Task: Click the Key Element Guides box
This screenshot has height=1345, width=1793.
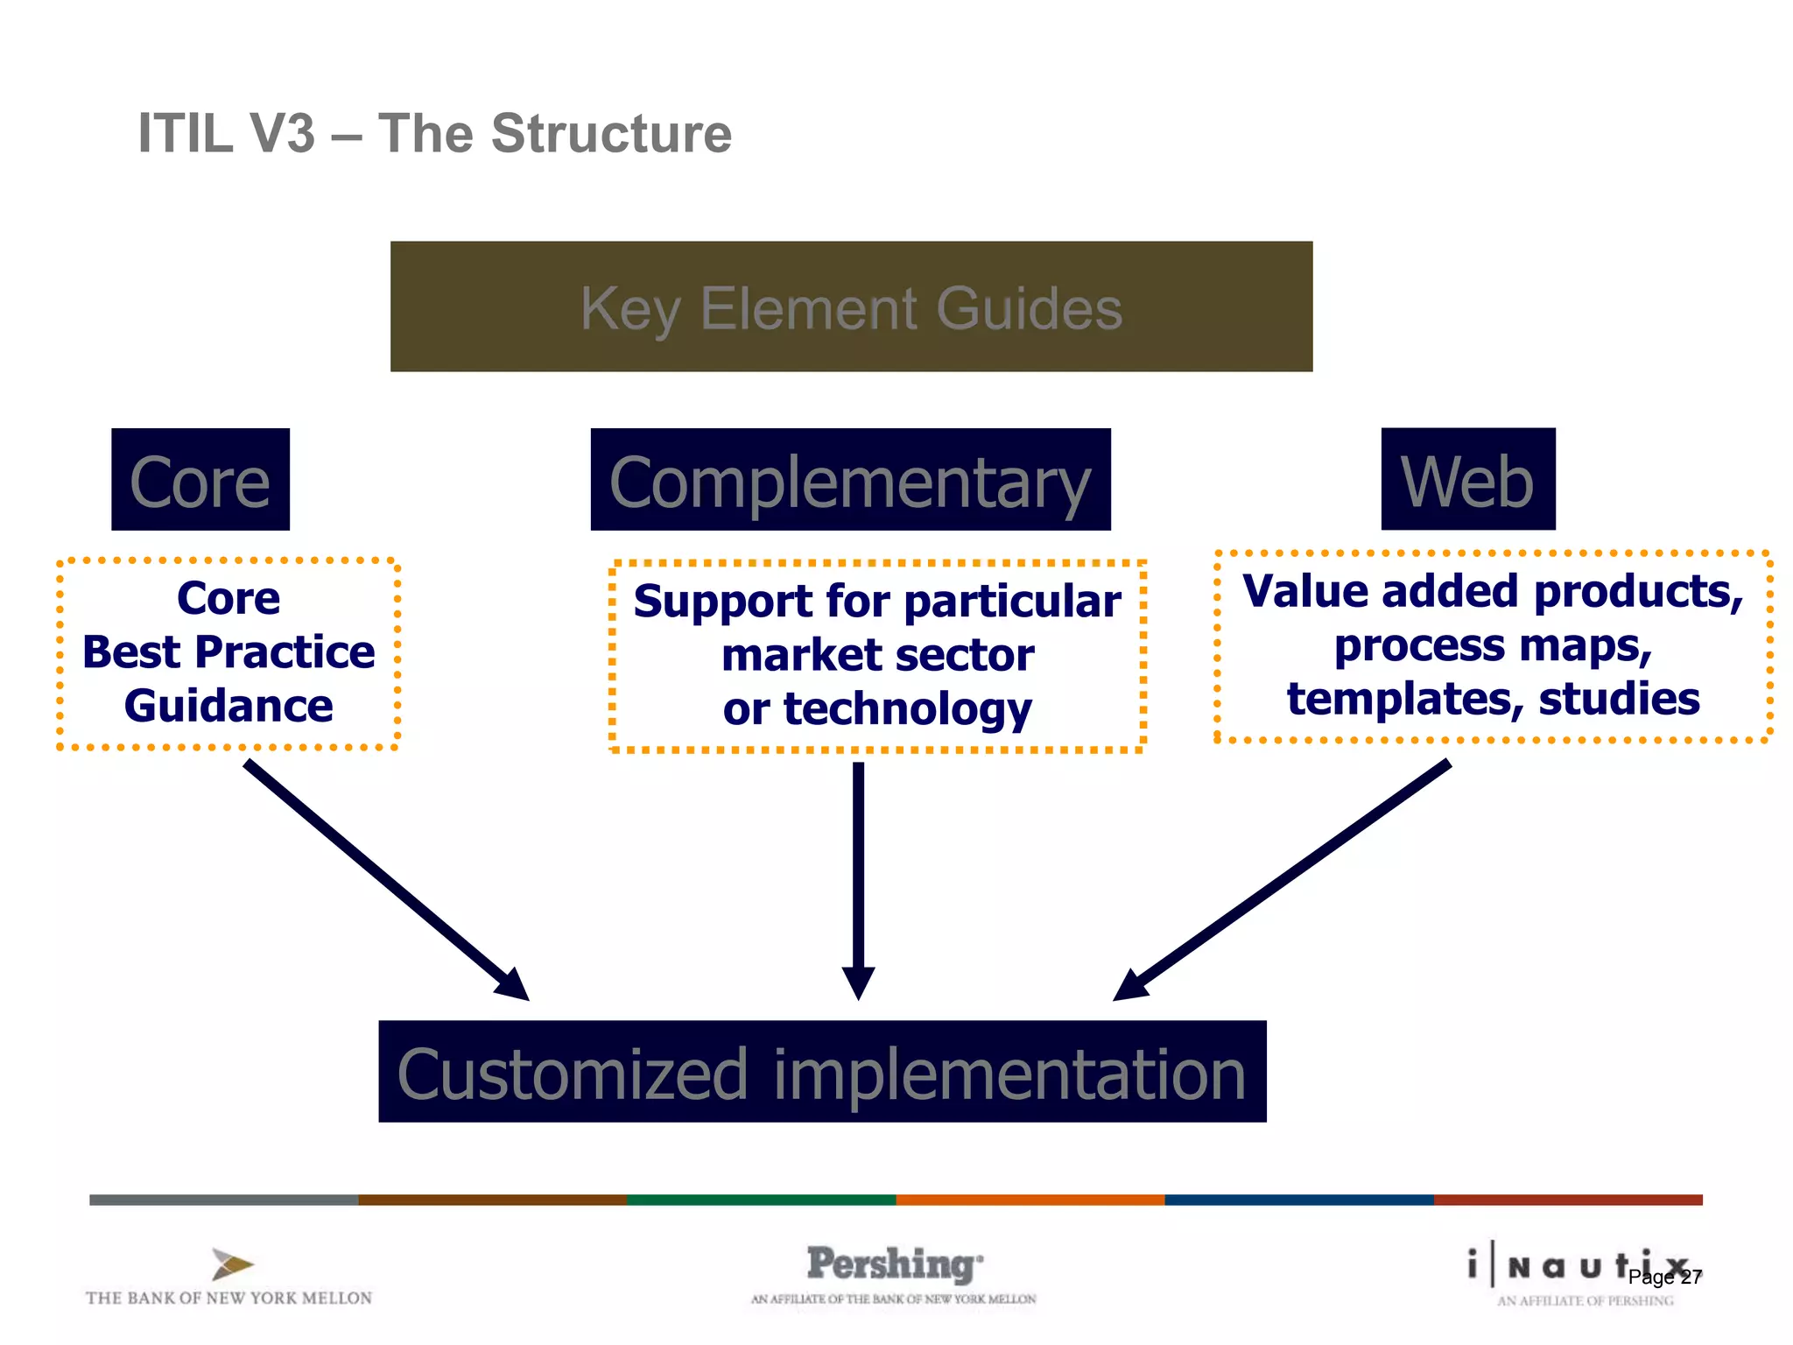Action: click(x=851, y=306)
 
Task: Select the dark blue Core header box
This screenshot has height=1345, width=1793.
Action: click(x=200, y=480)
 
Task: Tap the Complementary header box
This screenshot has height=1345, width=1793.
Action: click(x=850, y=480)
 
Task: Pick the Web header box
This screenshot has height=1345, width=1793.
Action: click(x=1468, y=480)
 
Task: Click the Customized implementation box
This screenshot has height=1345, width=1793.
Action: click(x=822, y=1072)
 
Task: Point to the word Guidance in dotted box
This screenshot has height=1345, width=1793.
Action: click(x=229, y=706)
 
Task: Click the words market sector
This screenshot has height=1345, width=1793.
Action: click(x=877, y=655)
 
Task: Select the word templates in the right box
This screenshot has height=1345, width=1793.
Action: click(x=1398, y=699)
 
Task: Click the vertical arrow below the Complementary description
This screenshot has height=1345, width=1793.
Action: click(x=858, y=876)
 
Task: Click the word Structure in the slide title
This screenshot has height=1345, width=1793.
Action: click(x=611, y=134)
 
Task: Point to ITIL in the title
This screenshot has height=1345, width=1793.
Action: click(x=186, y=134)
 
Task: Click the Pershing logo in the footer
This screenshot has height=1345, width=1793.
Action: click(x=893, y=1265)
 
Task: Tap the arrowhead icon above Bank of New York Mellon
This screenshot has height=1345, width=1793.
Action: click(x=232, y=1264)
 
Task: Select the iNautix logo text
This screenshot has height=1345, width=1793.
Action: click(x=1567, y=1266)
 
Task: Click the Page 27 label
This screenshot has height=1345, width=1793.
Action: click(x=1664, y=1278)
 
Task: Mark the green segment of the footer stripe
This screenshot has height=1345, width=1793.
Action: click(x=761, y=1200)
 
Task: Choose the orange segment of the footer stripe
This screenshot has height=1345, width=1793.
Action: click(x=1030, y=1200)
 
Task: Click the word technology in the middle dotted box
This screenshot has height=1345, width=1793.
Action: click(x=907, y=709)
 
